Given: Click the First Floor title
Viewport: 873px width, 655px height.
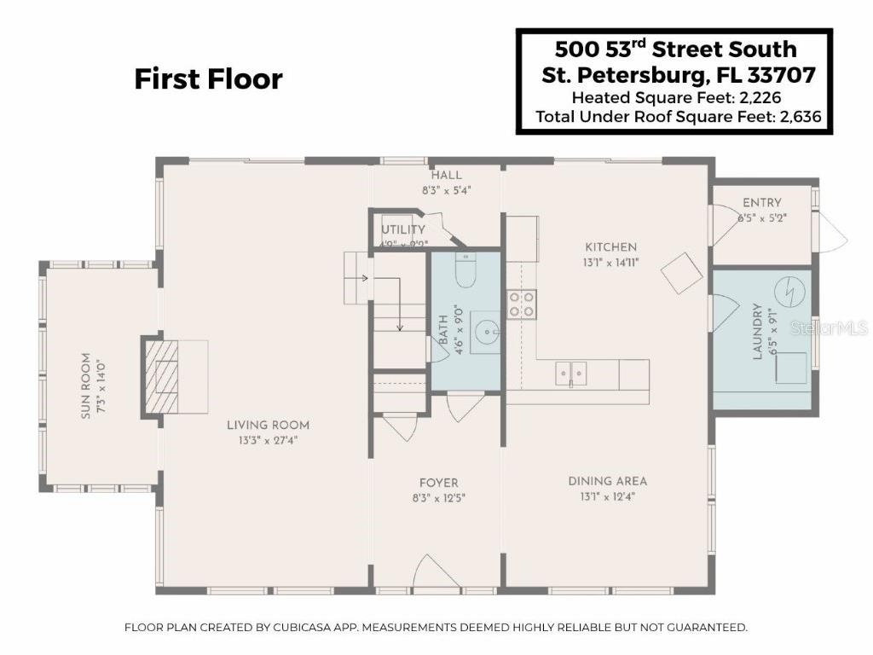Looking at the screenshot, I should (208, 79).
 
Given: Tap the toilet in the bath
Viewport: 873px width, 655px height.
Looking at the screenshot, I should (465, 270).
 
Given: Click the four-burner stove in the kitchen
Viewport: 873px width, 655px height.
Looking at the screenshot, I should (522, 304).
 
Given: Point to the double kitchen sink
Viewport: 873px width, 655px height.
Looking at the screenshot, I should (571, 372).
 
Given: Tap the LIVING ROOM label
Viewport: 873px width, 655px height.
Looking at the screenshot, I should (268, 425).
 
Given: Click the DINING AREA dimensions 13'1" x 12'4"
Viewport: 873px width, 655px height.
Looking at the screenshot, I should (602, 496).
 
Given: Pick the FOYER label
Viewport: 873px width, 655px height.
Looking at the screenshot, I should (438, 483).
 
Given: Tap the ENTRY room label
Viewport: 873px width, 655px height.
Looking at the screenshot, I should (761, 203).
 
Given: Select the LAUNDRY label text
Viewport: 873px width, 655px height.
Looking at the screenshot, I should (757, 334).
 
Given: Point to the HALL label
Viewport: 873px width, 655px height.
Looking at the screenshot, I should (446, 176).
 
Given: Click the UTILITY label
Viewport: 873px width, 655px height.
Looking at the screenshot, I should (402, 229).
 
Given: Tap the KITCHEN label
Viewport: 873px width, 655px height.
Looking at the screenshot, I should (610, 247).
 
